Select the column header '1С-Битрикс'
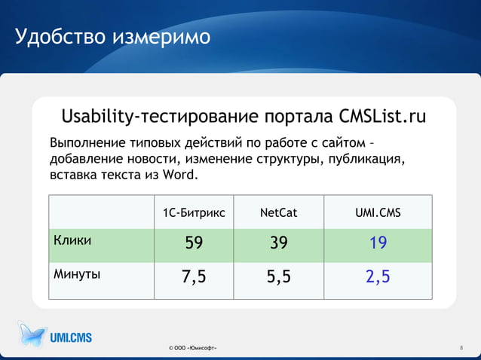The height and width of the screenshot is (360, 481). [x=194, y=213]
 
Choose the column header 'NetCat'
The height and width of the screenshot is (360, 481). [x=278, y=213]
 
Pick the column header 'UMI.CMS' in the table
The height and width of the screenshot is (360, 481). [x=378, y=213]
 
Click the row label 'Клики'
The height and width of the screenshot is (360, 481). [x=72, y=240]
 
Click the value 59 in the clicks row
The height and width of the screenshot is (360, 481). [x=194, y=243]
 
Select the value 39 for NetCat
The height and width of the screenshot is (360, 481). [x=278, y=243]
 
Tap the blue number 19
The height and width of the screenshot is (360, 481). [x=378, y=243]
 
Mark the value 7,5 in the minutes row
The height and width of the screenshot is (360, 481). [x=194, y=278]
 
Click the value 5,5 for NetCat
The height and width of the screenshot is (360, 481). [x=278, y=278]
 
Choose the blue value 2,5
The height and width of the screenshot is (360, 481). [x=378, y=278]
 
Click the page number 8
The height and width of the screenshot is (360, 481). [x=461, y=348]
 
